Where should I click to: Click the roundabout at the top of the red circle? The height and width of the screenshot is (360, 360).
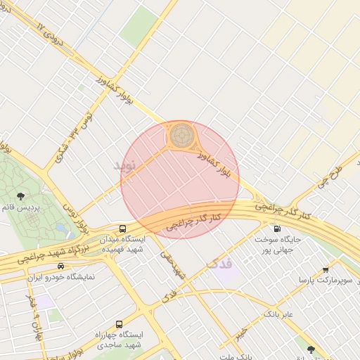tap(181, 134)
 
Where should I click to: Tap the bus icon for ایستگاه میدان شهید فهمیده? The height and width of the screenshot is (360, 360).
tap(123, 229)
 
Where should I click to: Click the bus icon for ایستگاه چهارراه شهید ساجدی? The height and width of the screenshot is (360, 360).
tap(118, 324)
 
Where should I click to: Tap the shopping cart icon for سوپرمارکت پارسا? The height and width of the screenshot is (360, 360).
tap(326, 269)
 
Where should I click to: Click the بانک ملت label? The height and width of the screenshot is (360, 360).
tap(236, 356)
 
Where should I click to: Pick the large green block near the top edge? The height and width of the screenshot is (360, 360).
tap(140, 27)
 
